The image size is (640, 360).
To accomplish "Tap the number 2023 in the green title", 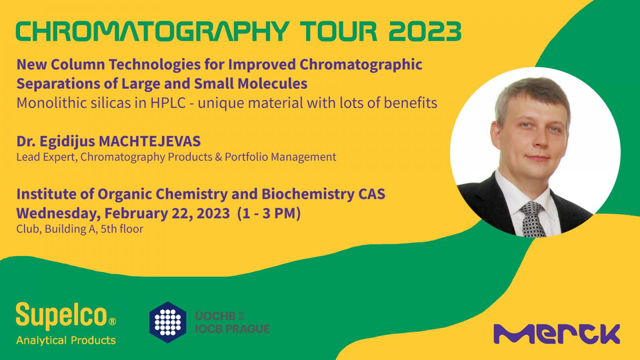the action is [425, 31].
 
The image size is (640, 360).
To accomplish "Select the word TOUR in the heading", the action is [338, 31].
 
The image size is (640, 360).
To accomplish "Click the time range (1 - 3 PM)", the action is [269, 214].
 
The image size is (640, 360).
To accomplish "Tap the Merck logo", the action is [557, 334].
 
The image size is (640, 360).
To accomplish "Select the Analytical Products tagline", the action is [66, 340].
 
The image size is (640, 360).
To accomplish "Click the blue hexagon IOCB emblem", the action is [168, 322].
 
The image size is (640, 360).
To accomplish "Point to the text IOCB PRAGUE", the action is [232, 329].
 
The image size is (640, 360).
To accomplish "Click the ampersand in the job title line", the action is [218, 157].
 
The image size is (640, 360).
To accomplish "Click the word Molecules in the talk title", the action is [272, 84].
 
